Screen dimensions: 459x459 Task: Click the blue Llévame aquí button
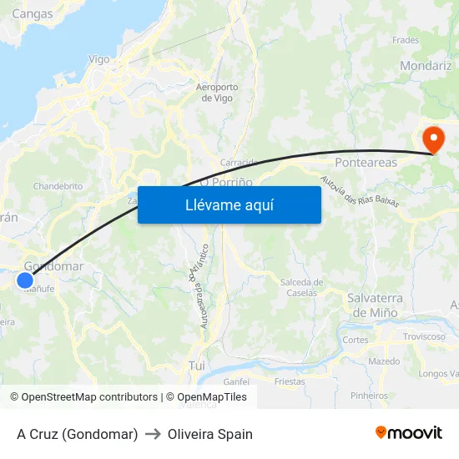(229, 204)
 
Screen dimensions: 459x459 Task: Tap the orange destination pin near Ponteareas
(433, 139)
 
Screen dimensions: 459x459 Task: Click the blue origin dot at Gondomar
(25, 280)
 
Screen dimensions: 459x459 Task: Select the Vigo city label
(98, 59)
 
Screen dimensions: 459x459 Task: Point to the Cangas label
(33, 13)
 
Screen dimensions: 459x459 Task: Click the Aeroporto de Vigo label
(217, 92)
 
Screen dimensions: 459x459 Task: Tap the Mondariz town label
(426, 65)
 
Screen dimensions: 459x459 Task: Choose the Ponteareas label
(366, 163)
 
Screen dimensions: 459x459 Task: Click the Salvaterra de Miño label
(375, 305)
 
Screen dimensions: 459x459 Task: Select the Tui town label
(197, 366)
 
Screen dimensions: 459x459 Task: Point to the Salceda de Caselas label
(300, 287)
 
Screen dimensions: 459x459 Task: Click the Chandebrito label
(58, 186)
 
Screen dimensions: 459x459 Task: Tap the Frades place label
(405, 39)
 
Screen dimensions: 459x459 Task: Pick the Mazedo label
(384, 361)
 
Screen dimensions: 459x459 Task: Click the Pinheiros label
(370, 396)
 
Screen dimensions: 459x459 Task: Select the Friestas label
(290, 381)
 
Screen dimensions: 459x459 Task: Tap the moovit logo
(408, 432)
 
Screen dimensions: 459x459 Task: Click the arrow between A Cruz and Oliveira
(153, 434)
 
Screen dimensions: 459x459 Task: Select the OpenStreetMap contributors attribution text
(83, 397)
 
